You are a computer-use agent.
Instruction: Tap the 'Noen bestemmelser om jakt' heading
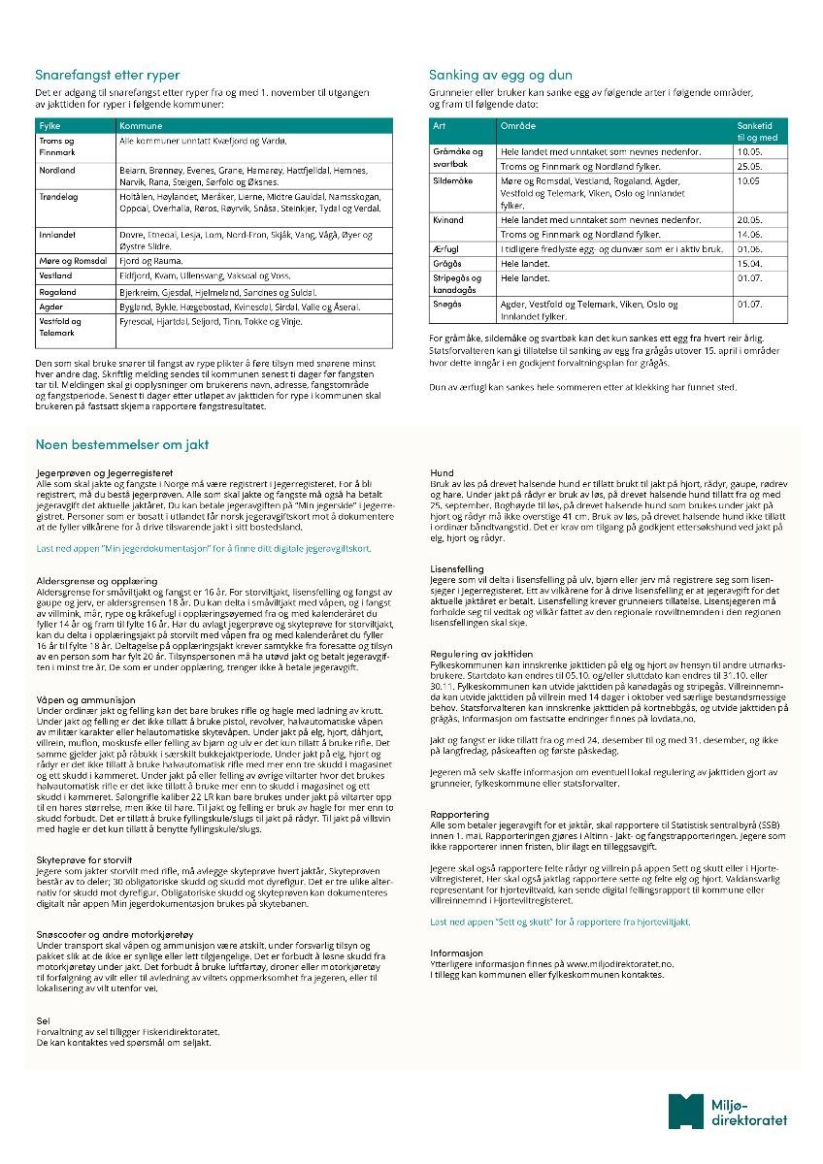tap(121, 445)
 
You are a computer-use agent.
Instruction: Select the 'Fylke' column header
tap(49, 127)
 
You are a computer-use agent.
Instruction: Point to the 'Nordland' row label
tap(57, 170)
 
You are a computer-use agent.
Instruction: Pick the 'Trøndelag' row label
tap(59, 196)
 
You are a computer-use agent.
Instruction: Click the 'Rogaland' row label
tap(57, 291)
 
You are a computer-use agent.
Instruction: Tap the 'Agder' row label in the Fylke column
tap(50, 306)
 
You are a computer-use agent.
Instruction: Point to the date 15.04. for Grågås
tap(750, 263)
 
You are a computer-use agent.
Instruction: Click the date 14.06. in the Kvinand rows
tap(750, 234)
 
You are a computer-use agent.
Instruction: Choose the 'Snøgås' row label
tap(446, 304)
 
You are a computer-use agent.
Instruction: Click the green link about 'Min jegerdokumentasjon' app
tap(203, 548)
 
